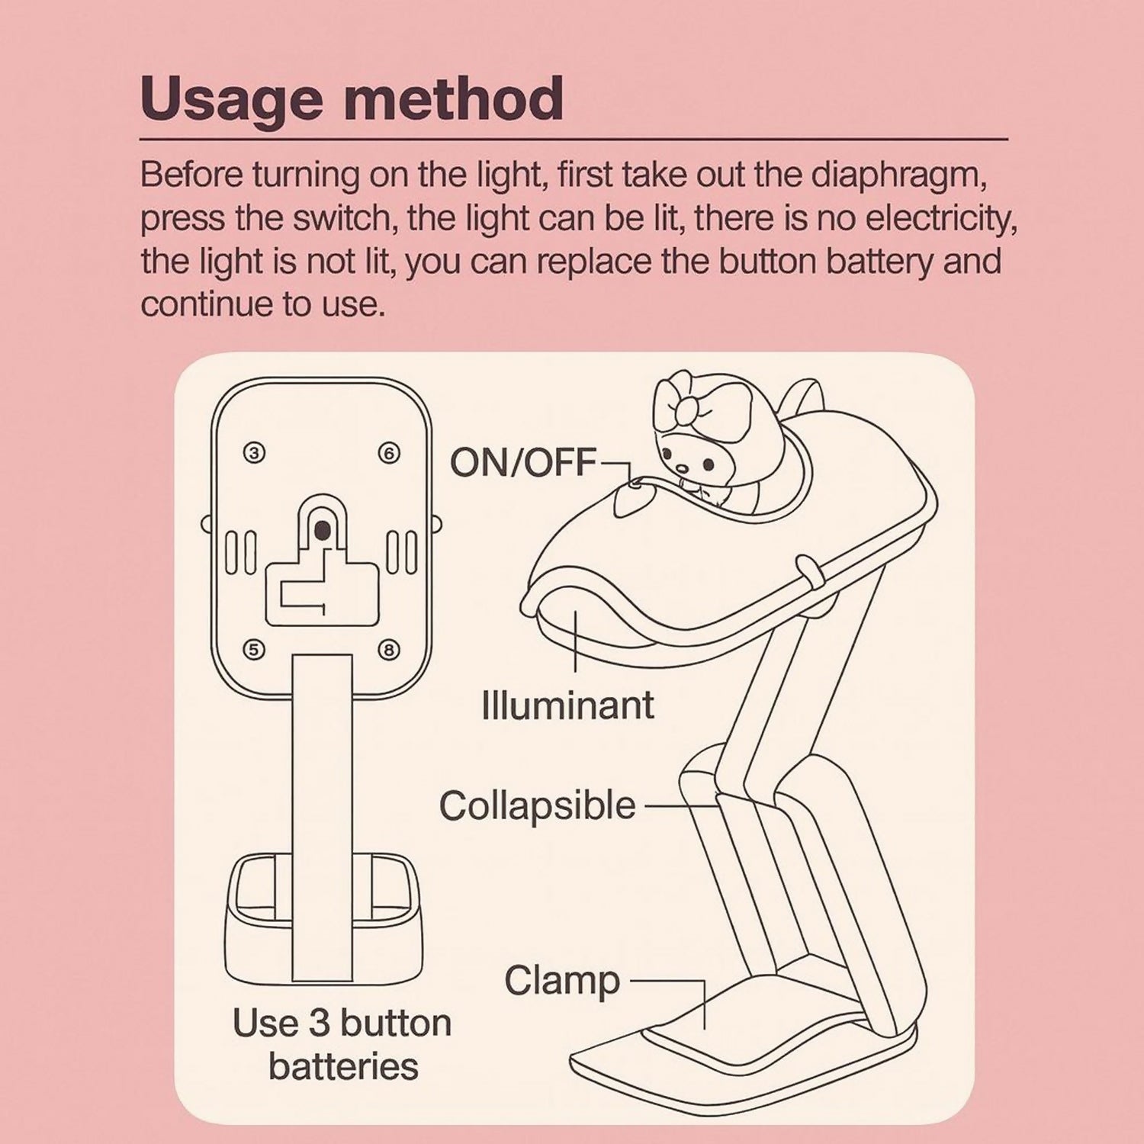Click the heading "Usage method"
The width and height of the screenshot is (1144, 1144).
click(x=352, y=100)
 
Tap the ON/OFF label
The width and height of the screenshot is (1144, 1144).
click(x=522, y=461)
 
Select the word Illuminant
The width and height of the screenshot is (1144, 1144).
click(x=568, y=705)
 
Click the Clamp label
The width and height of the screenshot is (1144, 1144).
click(x=562, y=981)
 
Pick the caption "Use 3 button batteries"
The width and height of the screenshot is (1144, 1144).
click(x=342, y=1044)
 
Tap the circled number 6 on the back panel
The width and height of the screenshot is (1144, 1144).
click(x=389, y=454)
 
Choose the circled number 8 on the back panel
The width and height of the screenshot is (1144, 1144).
click(x=389, y=650)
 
